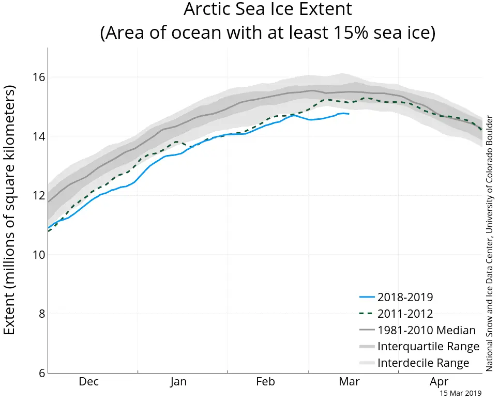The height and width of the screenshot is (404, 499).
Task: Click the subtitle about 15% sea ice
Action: click(x=267, y=33)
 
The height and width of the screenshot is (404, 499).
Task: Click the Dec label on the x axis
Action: click(x=88, y=382)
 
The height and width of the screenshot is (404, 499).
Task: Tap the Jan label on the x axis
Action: click(x=178, y=382)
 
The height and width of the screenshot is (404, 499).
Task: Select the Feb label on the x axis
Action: click(x=265, y=382)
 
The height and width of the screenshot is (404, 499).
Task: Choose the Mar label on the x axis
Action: click(x=349, y=382)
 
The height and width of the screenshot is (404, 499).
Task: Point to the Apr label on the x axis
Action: click(x=439, y=382)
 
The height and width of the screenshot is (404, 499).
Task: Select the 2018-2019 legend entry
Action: click(x=405, y=297)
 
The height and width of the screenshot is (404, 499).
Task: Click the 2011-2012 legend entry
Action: click(x=405, y=314)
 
